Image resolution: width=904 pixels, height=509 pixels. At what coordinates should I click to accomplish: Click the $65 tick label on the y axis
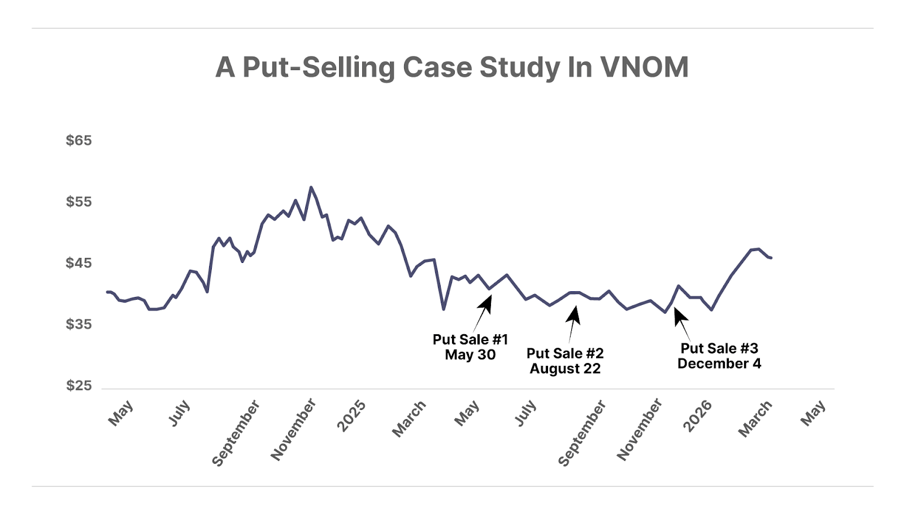coord(79,140)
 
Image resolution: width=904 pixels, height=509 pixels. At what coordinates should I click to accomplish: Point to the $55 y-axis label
coord(79,202)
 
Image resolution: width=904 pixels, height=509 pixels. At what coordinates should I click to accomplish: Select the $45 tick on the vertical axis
coord(79,263)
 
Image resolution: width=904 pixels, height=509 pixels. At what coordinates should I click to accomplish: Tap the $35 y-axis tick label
coord(79,324)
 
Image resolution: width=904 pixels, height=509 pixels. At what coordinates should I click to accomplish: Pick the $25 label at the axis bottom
coord(79,386)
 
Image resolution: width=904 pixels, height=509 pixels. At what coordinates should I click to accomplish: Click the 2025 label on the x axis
coord(351,416)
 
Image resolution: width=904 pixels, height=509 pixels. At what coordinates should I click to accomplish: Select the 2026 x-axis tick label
coord(697,416)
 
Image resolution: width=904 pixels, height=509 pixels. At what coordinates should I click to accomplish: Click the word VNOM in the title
coord(645,67)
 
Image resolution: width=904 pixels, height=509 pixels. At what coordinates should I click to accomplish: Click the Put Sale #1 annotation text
coord(470,339)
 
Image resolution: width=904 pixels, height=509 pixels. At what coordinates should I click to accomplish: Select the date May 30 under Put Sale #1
coord(470,355)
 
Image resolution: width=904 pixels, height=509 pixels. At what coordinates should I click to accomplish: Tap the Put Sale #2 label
coord(565,353)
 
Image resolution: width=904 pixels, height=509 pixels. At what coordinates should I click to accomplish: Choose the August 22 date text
coord(565,369)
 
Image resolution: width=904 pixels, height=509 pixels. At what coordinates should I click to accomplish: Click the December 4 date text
coord(719,364)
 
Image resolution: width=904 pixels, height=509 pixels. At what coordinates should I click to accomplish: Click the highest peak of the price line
coord(311,187)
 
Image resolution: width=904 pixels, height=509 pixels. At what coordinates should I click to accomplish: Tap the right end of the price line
coord(771,258)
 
